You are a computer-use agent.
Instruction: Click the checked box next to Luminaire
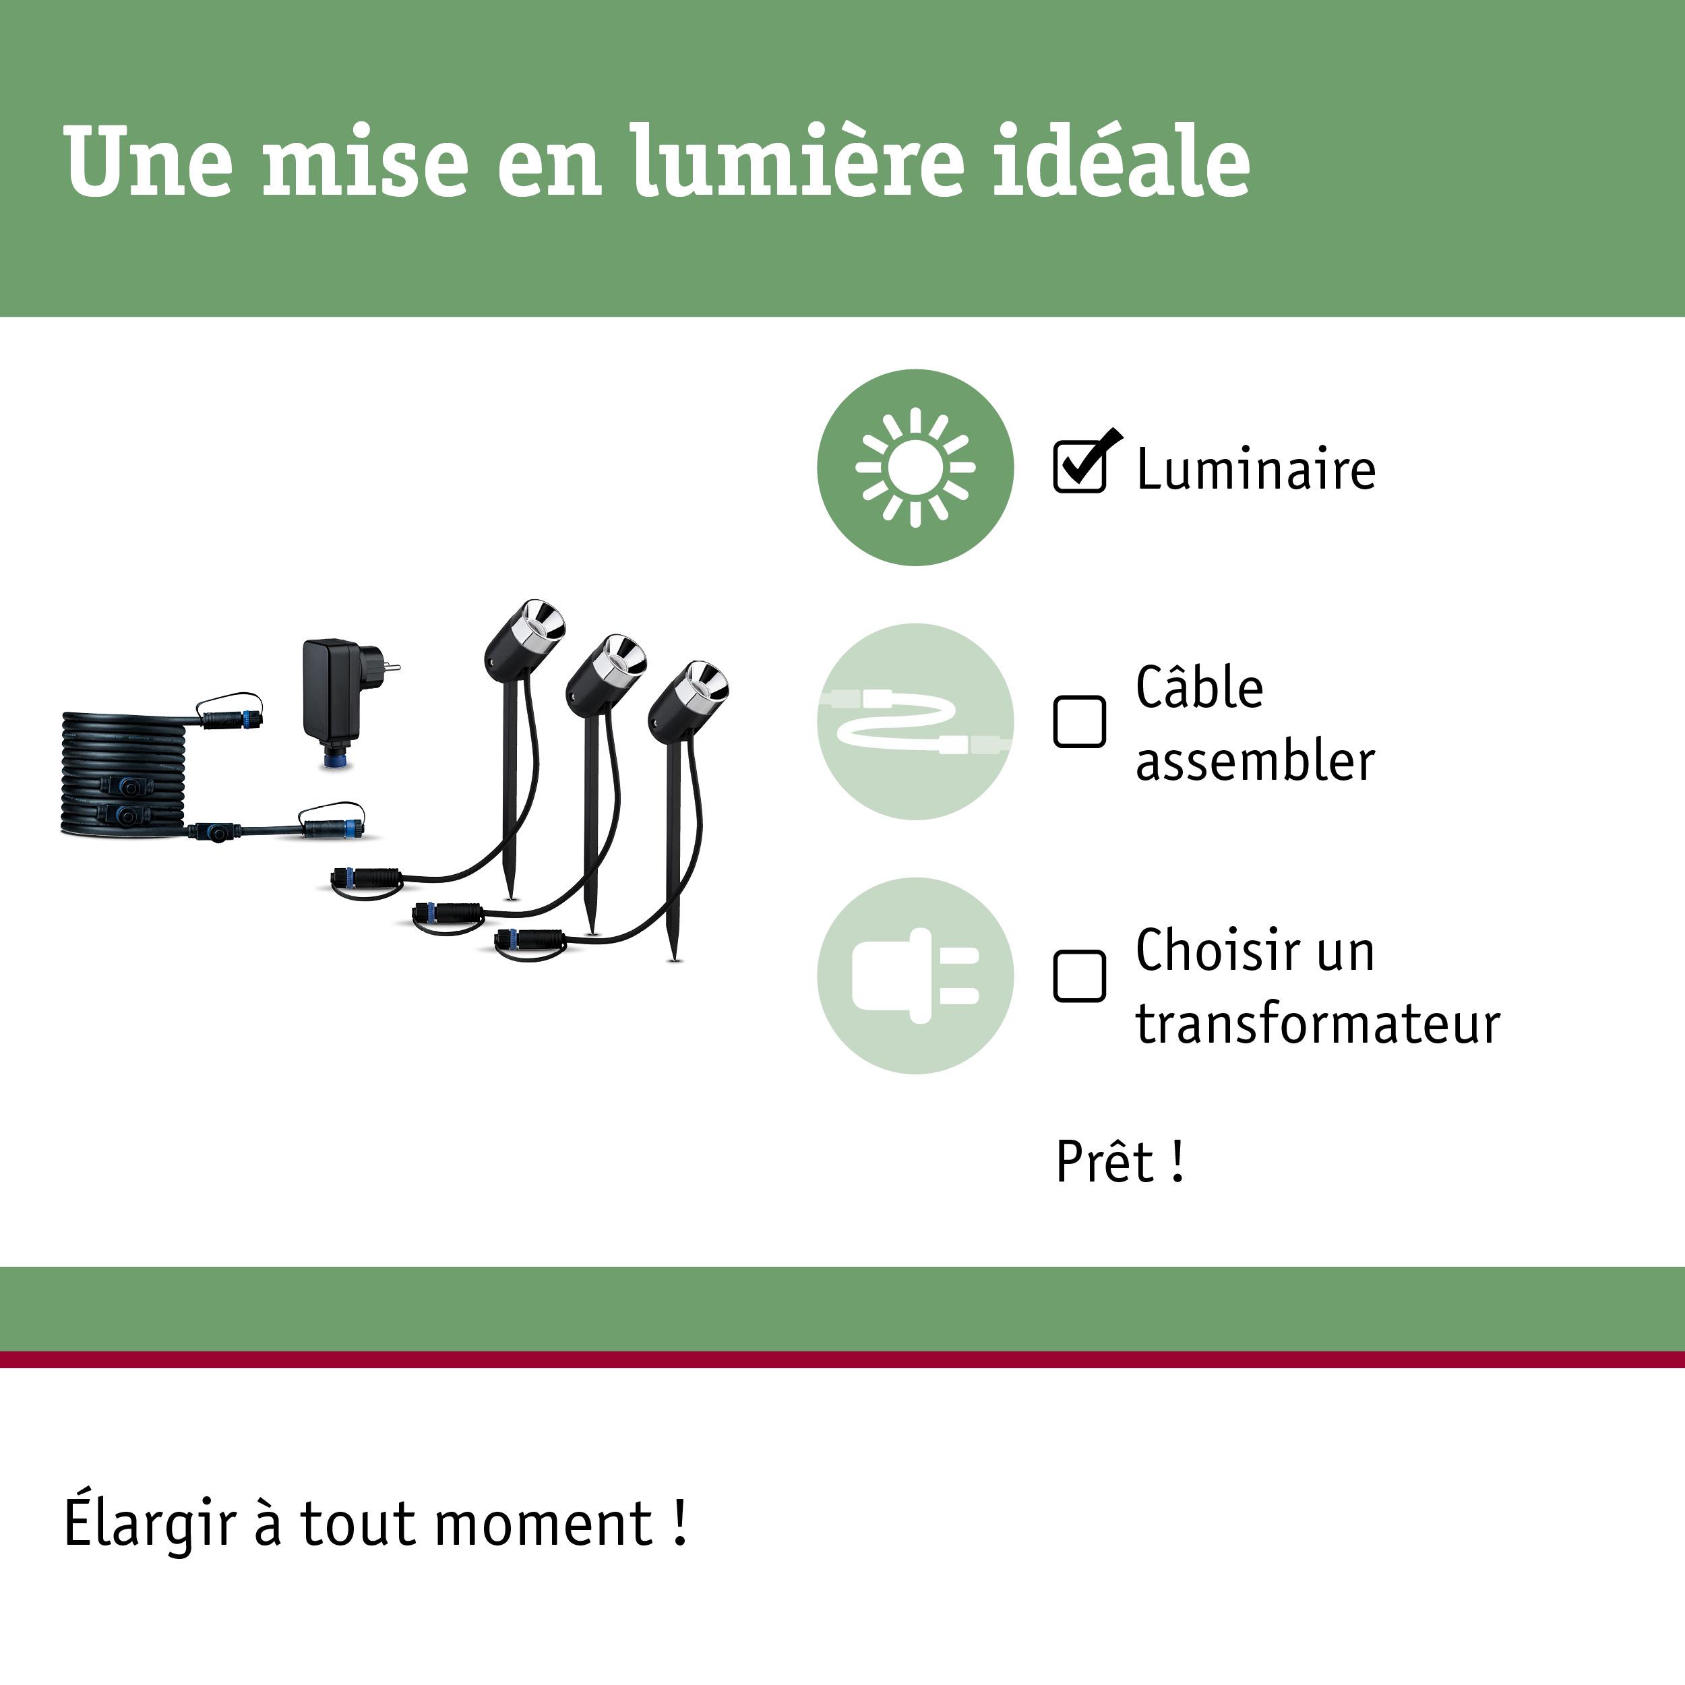1079,466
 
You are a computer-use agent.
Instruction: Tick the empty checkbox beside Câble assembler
1079,721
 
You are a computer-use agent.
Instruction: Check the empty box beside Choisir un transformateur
1079,976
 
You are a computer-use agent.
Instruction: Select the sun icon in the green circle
915,468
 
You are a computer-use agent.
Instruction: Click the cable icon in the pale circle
915,721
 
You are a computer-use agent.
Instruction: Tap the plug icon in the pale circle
915,976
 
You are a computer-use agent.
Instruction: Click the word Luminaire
1255,469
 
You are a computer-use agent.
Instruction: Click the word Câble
1198,688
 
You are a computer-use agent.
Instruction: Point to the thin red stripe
842,1359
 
